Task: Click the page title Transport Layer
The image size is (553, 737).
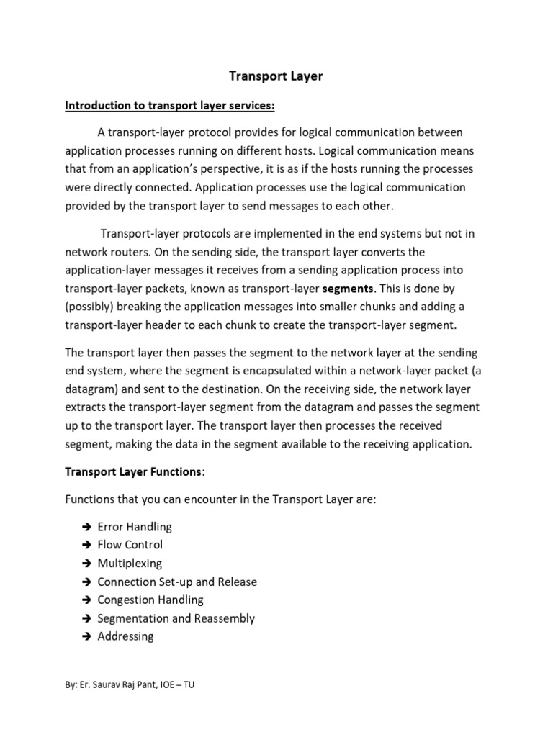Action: [x=276, y=76]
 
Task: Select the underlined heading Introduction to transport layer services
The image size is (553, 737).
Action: [x=171, y=106]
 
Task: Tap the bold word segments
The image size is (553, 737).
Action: [x=349, y=288]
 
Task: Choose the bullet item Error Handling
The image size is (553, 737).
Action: [x=135, y=527]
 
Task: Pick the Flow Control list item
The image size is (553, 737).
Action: [x=130, y=545]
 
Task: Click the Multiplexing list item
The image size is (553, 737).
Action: [x=130, y=563]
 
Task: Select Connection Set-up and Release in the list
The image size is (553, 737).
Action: [x=177, y=582]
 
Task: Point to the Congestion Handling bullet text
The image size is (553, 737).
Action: [x=150, y=600]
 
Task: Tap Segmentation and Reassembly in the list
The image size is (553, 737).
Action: [x=176, y=618]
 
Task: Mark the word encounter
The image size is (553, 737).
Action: [x=215, y=499]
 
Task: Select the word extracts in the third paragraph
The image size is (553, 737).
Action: [x=86, y=407]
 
